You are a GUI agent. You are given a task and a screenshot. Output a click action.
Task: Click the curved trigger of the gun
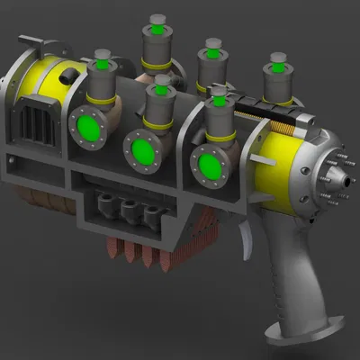(x=247, y=238)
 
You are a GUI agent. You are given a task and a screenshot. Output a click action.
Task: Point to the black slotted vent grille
(x=38, y=117)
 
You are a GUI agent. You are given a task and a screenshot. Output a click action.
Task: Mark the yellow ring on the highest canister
(x=158, y=66)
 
